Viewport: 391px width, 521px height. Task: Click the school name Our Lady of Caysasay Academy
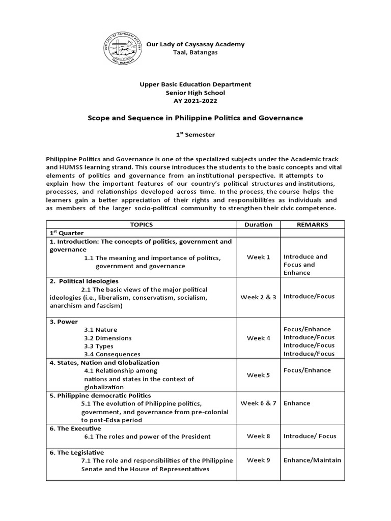point(195,44)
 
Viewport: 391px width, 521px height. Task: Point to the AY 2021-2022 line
point(195,101)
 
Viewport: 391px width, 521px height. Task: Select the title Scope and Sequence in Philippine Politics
point(195,118)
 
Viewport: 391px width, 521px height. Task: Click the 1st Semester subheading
point(195,135)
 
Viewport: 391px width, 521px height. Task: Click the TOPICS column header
point(141,224)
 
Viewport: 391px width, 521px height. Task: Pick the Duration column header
point(258,224)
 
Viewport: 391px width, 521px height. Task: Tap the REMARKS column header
point(312,224)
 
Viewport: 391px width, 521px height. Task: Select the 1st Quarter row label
point(63,233)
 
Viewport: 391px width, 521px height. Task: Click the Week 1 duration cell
point(258,257)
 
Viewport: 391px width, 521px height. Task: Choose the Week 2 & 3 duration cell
point(258,297)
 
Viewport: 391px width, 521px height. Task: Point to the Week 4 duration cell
point(258,338)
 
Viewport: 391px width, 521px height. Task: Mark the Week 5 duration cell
point(258,375)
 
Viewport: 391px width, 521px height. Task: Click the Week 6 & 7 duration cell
point(258,403)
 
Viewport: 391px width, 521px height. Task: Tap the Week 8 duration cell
point(258,436)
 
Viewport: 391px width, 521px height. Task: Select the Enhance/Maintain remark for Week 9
point(312,460)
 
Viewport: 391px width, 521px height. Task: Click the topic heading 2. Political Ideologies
point(84,281)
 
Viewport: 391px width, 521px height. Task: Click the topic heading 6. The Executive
point(75,428)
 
